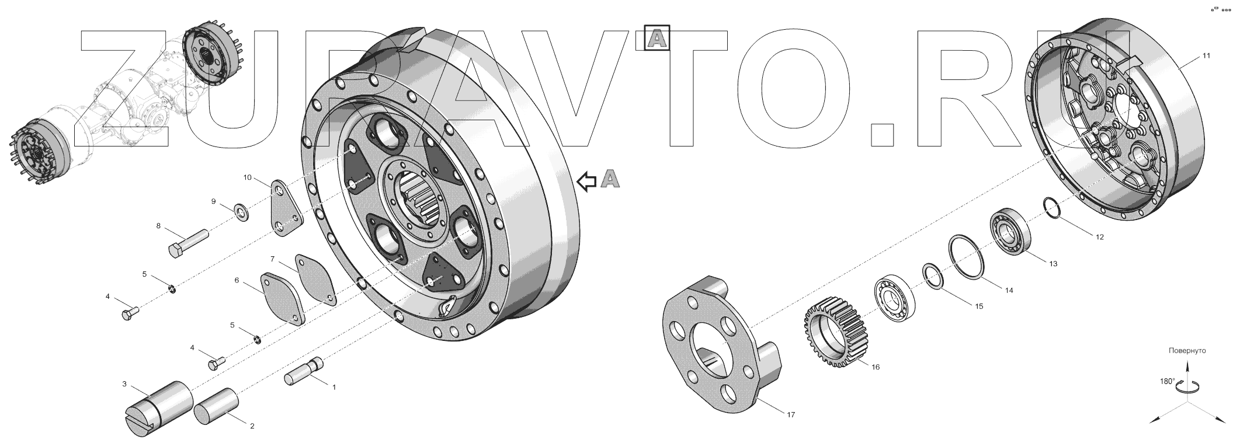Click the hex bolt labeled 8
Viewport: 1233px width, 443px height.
[x=188, y=244]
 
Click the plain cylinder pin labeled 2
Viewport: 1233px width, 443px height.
[x=217, y=407]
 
